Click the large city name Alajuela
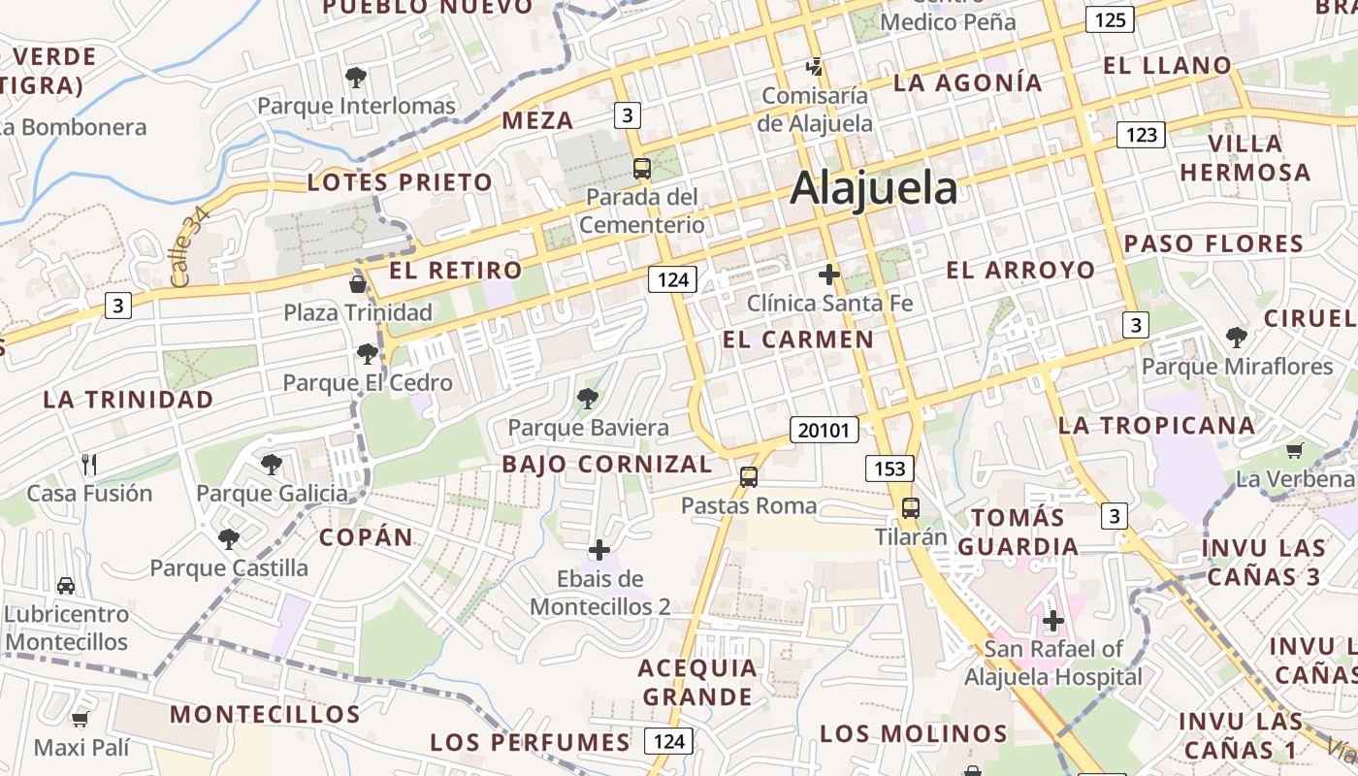pos(873,187)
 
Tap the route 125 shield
pos(1110,19)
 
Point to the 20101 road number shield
pos(824,430)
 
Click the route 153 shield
pos(889,469)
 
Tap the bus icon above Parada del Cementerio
pos(641,169)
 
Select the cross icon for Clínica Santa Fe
pos(829,275)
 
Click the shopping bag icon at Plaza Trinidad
pos(358,283)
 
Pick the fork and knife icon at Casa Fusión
pos(89,464)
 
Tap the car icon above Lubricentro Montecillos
pos(66,586)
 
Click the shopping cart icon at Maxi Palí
pos(81,719)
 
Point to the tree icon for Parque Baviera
pos(587,398)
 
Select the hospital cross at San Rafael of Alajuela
pos(1053,620)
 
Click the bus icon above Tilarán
pos(910,507)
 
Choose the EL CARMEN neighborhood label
pos(798,339)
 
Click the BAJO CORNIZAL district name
pos(607,464)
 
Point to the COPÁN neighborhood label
pos(366,537)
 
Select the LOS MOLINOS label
pos(914,733)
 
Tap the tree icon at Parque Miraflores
pos(1236,338)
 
